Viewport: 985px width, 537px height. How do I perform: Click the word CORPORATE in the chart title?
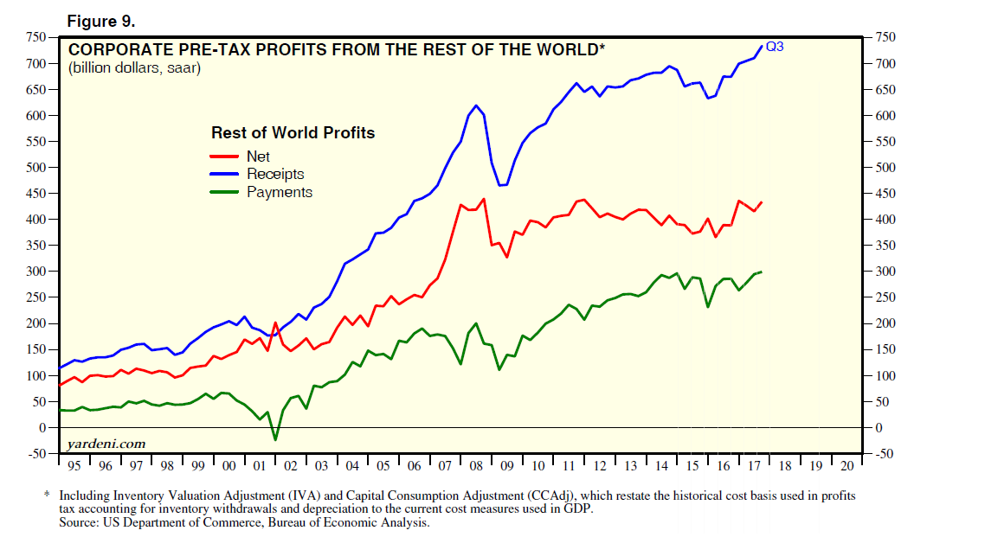tap(113, 49)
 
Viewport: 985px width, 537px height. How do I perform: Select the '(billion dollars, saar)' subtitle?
tap(134, 68)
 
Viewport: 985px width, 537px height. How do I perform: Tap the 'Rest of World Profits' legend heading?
tap(293, 133)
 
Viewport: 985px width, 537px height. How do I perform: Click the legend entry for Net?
tap(258, 157)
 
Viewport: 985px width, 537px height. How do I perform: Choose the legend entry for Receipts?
tap(275, 175)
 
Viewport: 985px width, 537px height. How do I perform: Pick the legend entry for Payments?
tap(279, 193)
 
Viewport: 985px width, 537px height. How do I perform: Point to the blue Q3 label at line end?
tap(775, 46)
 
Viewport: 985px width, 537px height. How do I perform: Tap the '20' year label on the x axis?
tap(846, 466)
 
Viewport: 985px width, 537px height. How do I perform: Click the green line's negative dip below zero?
tap(275, 440)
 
